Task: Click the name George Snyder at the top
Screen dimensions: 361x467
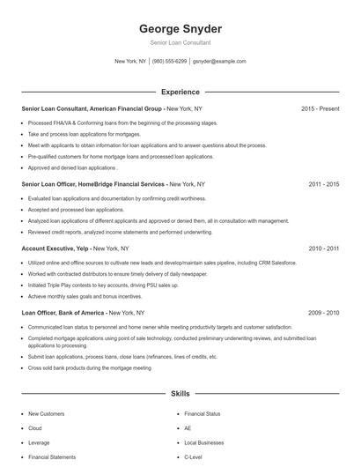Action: pos(180,28)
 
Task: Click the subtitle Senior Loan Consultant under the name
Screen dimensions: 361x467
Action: pos(180,42)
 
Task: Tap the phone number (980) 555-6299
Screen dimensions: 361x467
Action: pos(170,62)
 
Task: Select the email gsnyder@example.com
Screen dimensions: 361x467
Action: pos(219,62)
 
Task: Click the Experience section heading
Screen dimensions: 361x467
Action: pos(180,92)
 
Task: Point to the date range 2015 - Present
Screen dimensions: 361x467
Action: pos(320,108)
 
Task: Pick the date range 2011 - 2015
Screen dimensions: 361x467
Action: pos(323,185)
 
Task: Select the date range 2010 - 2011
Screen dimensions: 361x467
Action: pos(323,249)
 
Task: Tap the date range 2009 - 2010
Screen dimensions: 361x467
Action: pos(323,313)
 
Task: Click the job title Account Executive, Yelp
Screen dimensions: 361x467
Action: pos(55,249)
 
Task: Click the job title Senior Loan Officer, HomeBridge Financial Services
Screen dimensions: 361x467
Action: pos(93,185)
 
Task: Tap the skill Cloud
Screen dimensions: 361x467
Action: pos(36,427)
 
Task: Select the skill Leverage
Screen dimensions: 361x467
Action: pos(39,442)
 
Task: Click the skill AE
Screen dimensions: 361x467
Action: pos(188,427)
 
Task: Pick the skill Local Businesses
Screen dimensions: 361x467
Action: pos(204,442)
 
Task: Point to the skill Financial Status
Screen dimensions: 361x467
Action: pos(203,412)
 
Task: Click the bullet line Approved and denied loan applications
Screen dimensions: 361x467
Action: pos(72,167)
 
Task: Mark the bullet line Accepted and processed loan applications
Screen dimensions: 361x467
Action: pos(76,210)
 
